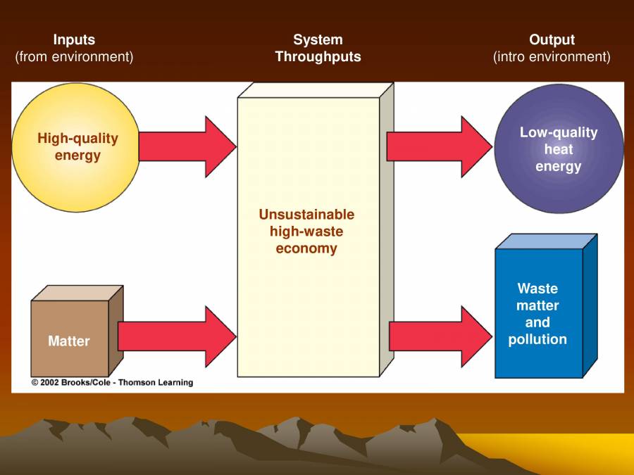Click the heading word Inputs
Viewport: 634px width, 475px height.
click(x=74, y=40)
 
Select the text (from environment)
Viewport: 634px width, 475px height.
click(x=74, y=57)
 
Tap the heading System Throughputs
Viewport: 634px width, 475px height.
click(x=318, y=49)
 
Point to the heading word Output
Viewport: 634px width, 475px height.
click(x=552, y=40)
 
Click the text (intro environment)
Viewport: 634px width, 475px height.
click(x=552, y=57)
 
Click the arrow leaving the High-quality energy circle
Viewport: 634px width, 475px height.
click(x=187, y=146)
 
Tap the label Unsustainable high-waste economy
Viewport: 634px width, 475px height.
click(x=306, y=232)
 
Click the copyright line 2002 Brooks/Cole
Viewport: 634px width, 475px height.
click(x=112, y=383)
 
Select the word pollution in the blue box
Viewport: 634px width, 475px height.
click(x=537, y=339)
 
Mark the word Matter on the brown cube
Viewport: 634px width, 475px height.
click(x=69, y=341)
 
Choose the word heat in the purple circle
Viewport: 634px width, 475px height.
click(x=559, y=149)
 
